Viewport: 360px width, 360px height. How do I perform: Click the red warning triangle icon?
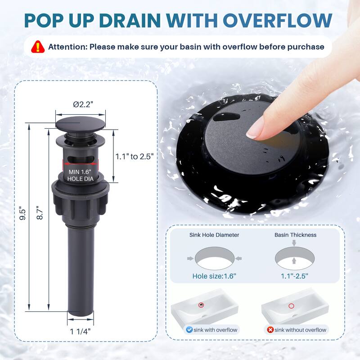[38, 47]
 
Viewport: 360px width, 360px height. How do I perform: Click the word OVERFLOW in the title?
[278, 21]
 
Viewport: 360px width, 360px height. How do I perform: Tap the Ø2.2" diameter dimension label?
[83, 104]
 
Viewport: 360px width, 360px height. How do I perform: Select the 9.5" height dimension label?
[22, 215]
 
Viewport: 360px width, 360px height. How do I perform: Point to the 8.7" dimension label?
[40, 212]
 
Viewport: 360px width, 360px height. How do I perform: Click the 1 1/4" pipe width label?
[80, 332]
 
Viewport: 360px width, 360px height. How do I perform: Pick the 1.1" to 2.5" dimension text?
[134, 157]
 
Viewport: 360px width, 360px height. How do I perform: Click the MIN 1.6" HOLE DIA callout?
[80, 175]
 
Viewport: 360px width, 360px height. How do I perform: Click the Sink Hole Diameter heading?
[214, 235]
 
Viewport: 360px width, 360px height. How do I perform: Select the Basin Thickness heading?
[296, 235]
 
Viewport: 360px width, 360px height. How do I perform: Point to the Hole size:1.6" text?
[214, 276]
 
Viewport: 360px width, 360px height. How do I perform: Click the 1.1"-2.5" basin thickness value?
[295, 276]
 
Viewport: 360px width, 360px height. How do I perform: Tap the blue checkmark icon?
[189, 330]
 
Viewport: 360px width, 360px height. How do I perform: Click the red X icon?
[270, 330]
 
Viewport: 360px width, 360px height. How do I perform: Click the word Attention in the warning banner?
[67, 47]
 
